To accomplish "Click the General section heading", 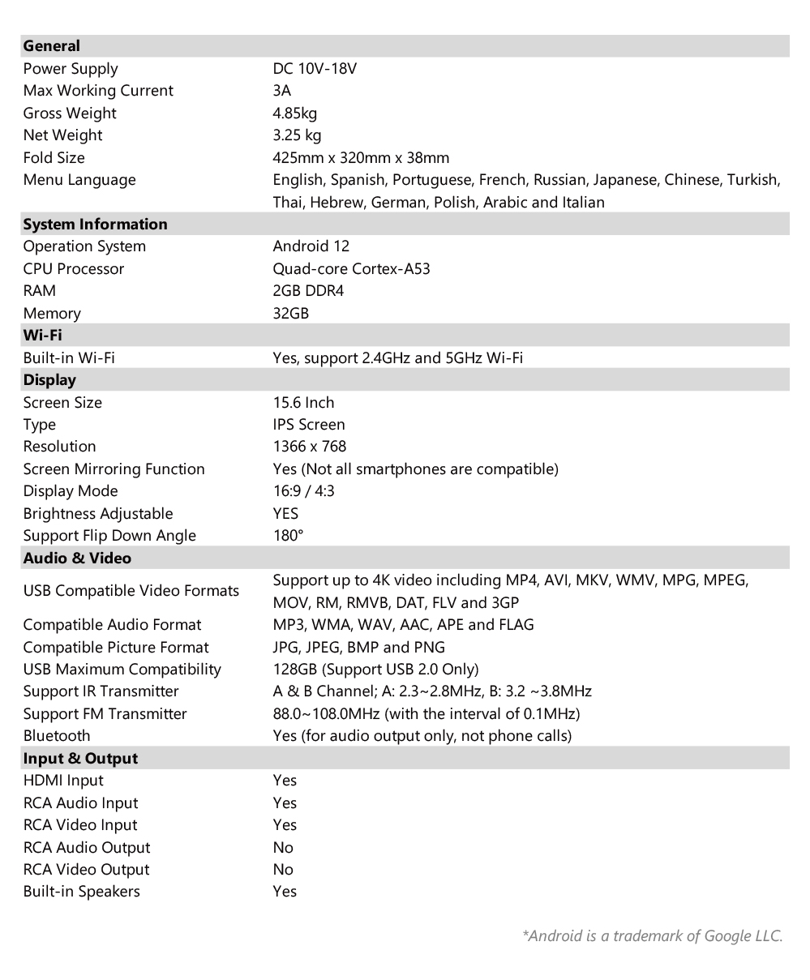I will click(x=52, y=46).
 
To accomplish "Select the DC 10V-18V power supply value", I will click(x=315, y=69).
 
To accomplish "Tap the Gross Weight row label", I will click(x=70, y=113).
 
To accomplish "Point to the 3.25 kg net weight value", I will click(x=297, y=135).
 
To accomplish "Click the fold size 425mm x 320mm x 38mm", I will click(x=361, y=158).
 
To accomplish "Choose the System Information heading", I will click(x=95, y=225).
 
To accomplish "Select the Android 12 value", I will click(x=311, y=246).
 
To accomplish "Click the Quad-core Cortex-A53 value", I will click(x=351, y=268).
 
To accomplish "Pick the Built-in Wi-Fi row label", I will click(x=69, y=357).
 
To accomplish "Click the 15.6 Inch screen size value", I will click(x=303, y=403).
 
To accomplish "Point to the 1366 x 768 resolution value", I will click(x=310, y=447).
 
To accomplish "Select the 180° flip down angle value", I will click(x=288, y=536).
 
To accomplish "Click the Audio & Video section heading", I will click(x=77, y=558).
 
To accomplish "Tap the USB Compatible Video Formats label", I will click(x=131, y=591).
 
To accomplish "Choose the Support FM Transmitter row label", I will click(x=105, y=714).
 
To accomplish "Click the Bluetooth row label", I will click(x=57, y=736).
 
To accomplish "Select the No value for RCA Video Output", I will click(x=283, y=870).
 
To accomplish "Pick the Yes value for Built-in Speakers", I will click(x=285, y=892).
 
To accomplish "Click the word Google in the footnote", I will click(x=728, y=936).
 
